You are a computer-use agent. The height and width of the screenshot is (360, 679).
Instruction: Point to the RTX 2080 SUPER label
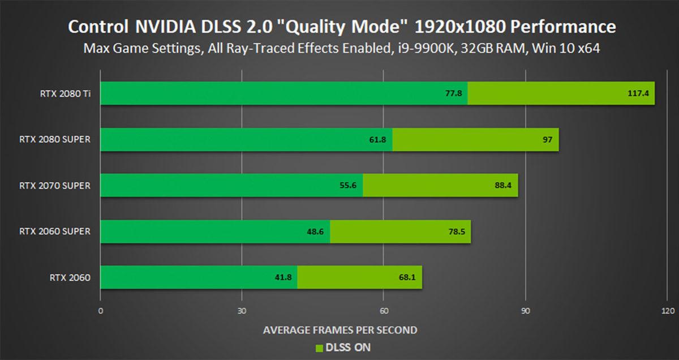pos(54,139)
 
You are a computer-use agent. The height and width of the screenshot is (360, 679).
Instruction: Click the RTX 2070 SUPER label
pos(54,185)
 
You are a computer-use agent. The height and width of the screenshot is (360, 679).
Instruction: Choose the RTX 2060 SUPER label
pos(54,231)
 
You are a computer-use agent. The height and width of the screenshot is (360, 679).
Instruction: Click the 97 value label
pos(547,139)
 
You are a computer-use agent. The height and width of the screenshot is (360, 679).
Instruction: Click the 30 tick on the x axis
pos(242,311)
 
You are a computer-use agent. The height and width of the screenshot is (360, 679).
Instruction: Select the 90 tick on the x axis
pos(526,311)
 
